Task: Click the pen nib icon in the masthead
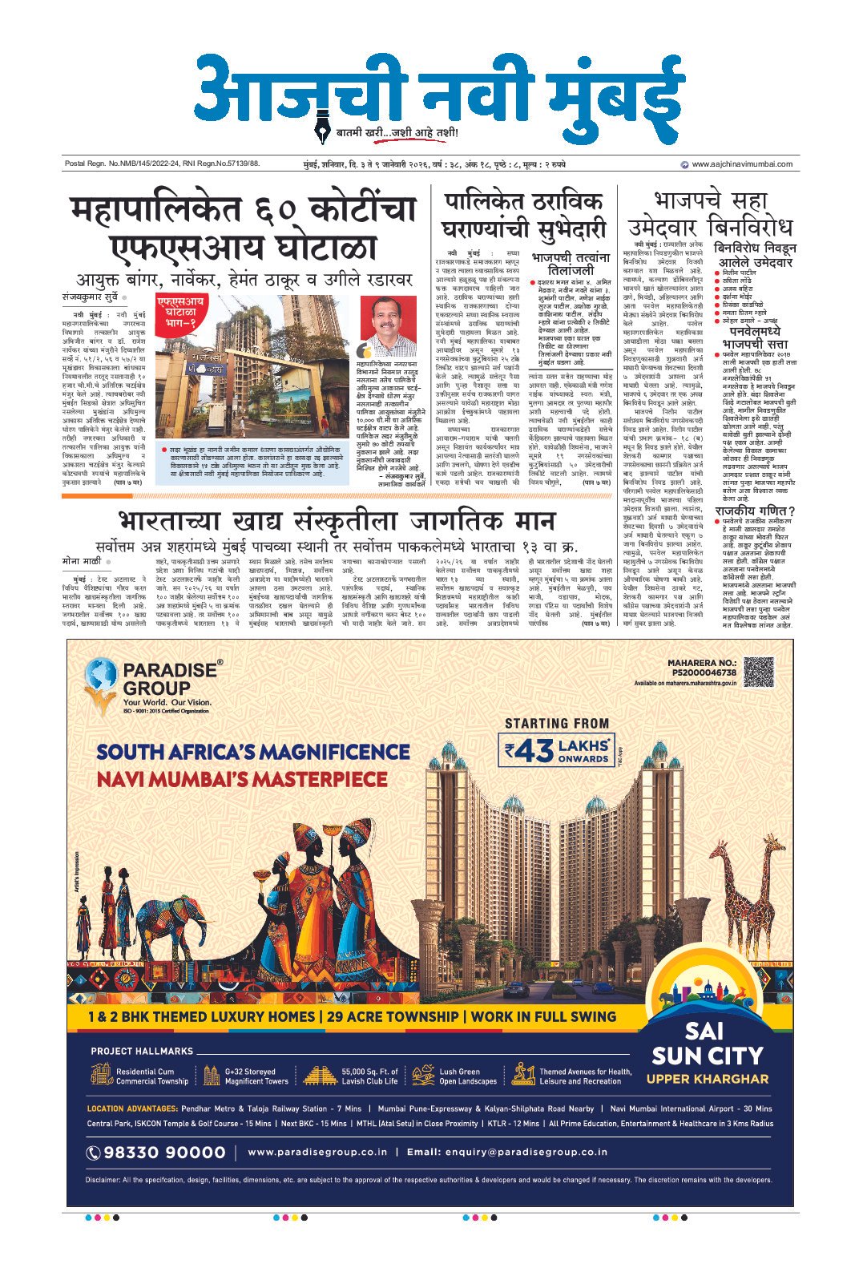coord(325,129)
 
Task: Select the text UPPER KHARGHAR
coord(707,1079)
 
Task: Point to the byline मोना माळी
coord(81,538)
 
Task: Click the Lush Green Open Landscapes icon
coord(423,1075)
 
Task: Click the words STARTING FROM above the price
coord(557,723)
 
